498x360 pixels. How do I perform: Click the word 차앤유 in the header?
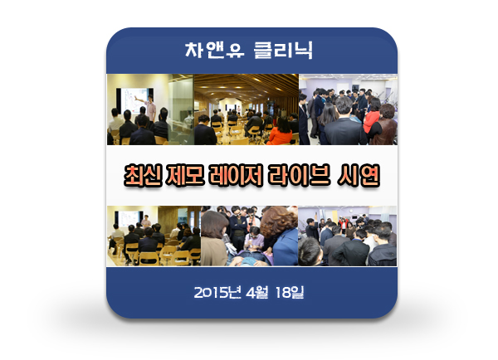click(215, 50)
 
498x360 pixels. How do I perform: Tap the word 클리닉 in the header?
click(283, 50)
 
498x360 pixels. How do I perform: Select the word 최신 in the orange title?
click(143, 175)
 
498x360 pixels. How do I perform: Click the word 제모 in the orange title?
click(185, 175)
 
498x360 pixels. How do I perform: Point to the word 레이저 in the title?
click(236, 175)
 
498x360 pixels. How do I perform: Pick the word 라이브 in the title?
click(299, 175)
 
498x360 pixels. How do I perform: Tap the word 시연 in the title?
click(359, 175)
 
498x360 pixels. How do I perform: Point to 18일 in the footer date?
click(290, 292)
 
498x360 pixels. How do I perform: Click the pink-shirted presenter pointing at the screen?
click(149, 107)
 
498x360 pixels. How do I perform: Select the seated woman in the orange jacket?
click(281, 131)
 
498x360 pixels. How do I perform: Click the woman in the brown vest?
click(384, 124)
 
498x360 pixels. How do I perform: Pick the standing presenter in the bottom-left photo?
click(146, 221)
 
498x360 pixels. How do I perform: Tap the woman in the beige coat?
click(214, 237)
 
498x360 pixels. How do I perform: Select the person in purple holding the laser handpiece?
click(254, 241)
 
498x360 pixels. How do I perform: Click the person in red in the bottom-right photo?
click(343, 224)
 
